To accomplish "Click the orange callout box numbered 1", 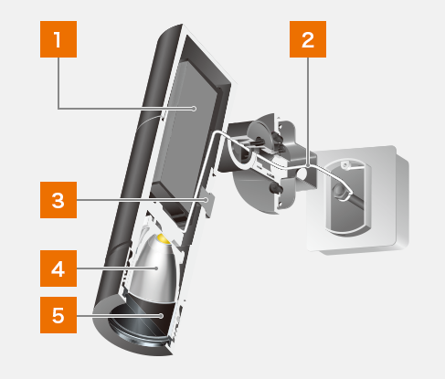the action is (58, 39).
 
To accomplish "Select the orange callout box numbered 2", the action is (308, 39).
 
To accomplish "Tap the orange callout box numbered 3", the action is (58, 200).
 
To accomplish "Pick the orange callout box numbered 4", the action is (58, 268).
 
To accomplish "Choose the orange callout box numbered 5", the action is (58, 315).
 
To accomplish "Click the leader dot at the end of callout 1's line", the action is (194, 109).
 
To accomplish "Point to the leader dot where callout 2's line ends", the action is (308, 166).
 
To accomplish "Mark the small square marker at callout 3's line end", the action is (207, 200).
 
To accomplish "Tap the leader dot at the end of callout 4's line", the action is (156, 268).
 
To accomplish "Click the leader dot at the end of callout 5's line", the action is (161, 316).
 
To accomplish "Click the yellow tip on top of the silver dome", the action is (164, 239).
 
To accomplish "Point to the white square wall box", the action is (358, 199).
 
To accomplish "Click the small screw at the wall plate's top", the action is (344, 165).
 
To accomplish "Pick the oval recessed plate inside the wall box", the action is (348, 197).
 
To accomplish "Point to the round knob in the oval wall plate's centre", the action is (338, 191).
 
